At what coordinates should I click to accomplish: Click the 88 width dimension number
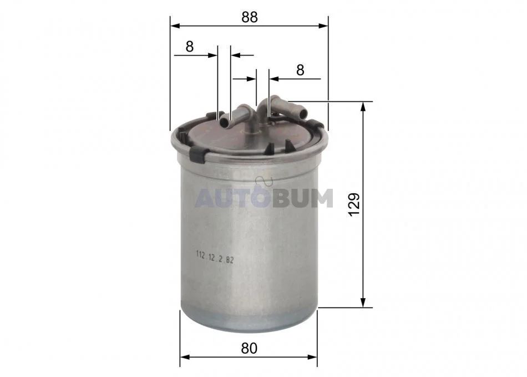[x=250, y=17]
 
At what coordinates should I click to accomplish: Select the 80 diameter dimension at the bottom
[x=249, y=349]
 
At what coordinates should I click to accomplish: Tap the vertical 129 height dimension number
[x=354, y=204]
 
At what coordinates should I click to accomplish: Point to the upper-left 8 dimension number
[x=190, y=47]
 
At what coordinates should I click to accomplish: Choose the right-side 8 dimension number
[x=300, y=70]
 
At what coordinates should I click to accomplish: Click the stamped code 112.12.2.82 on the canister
[x=215, y=259]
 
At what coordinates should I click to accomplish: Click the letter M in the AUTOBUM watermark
[x=321, y=198]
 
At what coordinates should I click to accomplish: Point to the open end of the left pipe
[x=224, y=122]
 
